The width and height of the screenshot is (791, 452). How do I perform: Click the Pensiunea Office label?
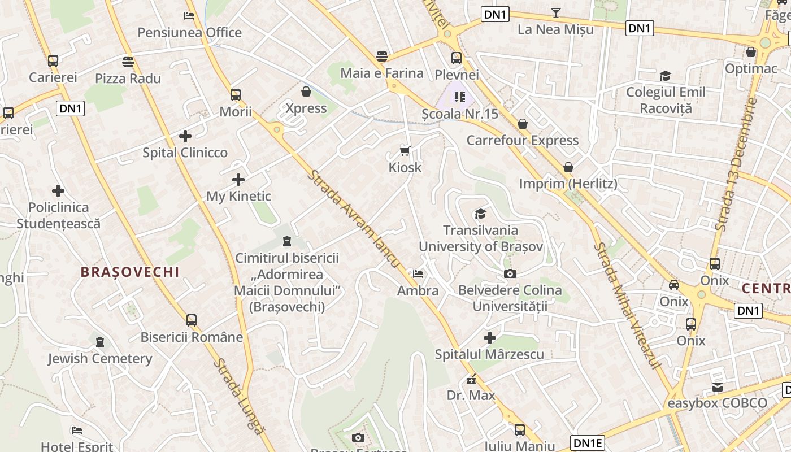[x=190, y=33]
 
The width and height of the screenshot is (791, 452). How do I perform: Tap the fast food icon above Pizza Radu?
[x=128, y=62]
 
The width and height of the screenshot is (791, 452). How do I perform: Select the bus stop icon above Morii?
[x=236, y=95]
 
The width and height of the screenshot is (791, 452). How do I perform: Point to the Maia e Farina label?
[x=383, y=73]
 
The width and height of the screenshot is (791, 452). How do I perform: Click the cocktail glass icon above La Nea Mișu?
[x=556, y=13]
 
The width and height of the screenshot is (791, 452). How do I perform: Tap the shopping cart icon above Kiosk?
[x=405, y=150]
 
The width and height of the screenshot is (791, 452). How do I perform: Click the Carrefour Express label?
[x=523, y=140]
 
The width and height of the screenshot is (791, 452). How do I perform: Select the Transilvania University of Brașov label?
[x=480, y=238]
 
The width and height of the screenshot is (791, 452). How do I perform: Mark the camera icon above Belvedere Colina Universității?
[x=510, y=274]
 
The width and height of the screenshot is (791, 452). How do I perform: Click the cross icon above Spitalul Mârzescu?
[x=490, y=338]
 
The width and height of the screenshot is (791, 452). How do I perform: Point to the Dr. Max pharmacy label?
[x=471, y=395]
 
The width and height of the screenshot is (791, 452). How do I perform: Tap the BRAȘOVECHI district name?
[x=130, y=272]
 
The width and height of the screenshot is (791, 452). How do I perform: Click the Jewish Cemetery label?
[x=100, y=359]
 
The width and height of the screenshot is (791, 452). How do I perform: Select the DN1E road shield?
[x=588, y=442]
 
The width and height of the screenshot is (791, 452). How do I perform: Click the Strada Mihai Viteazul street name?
[x=628, y=306]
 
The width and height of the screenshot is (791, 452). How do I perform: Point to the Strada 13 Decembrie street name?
[x=736, y=164]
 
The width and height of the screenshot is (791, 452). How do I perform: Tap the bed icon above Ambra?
[x=418, y=274]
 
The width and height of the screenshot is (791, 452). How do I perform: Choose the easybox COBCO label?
[x=718, y=403]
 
